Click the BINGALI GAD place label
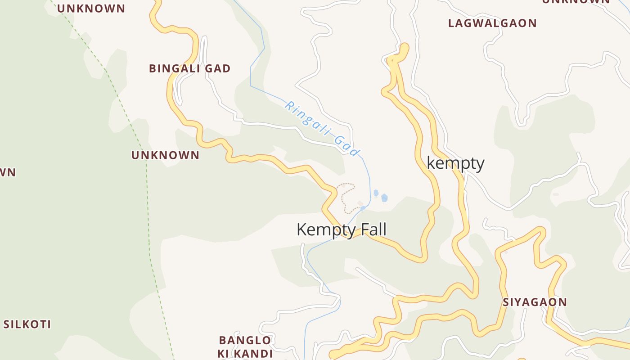pos(189,69)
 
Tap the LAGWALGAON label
pos(492,23)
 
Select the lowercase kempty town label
pos(455,163)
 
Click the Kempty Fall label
pos(341,229)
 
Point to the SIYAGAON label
pos(535,302)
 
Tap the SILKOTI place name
pos(27,324)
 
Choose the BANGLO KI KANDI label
pos(245,346)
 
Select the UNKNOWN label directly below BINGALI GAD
pos(165,155)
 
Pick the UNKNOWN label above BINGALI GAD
pos(91,9)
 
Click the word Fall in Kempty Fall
pos(371,229)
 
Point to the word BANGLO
pos(245,340)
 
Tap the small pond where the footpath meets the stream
pos(363,208)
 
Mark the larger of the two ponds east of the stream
pos(384,198)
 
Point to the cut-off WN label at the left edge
pos(8,172)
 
